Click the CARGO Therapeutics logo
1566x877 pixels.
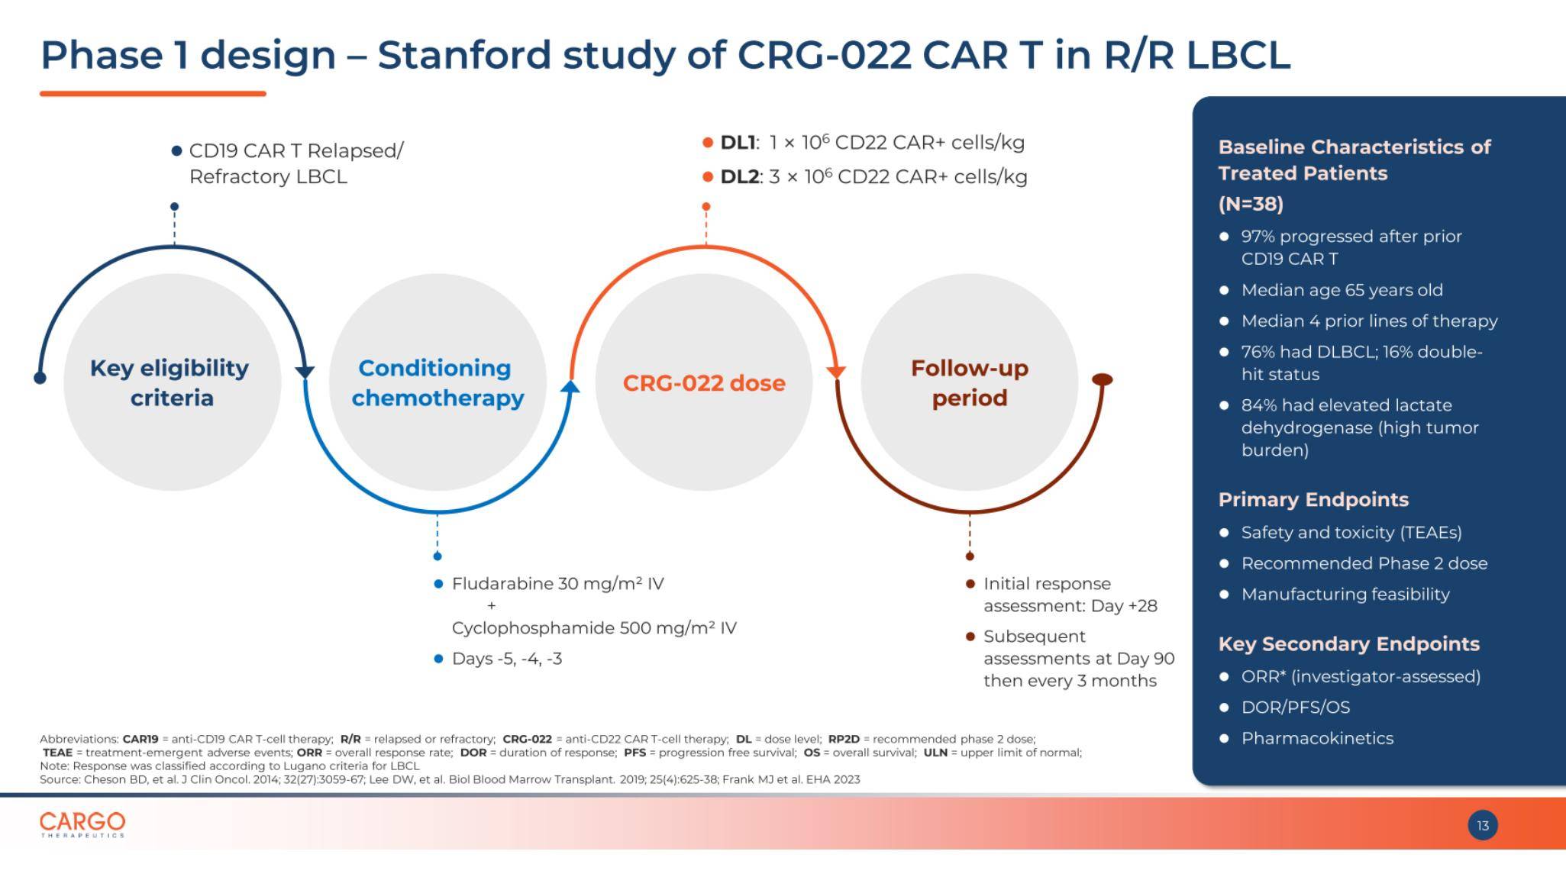point(82,824)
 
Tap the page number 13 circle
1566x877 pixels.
point(1482,825)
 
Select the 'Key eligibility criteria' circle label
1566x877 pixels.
point(170,382)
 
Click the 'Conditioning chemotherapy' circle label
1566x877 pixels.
point(438,382)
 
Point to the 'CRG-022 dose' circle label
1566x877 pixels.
point(703,382)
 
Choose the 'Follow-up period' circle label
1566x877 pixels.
point(969,382)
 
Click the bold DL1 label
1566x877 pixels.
point(737,143)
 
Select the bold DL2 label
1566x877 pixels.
point(739,177)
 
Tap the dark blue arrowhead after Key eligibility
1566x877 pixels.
point(305,372)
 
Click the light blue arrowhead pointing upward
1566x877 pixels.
point(570,387)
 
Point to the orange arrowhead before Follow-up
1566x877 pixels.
point(836,372)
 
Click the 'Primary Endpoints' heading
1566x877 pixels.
point(1313,499)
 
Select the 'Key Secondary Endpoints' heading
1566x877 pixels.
point(1348,643)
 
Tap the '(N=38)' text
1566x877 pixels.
point(1251,204)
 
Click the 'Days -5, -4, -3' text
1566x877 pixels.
point(507,659)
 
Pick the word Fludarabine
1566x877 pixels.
point(502,584)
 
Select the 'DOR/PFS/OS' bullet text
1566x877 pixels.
point(1295,708)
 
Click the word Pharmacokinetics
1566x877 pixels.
point(1317,738)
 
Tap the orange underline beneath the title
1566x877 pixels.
point(153,94)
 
